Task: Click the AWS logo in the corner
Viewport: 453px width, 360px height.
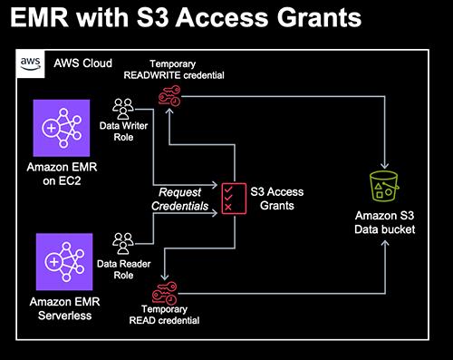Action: coord(31,64)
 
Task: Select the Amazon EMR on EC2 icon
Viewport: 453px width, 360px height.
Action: coord(62,128)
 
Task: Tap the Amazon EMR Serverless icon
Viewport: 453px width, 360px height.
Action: coord(64,261)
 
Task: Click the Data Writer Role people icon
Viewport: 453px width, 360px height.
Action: coord(123,109)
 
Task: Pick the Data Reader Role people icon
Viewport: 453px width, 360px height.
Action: coord(123,243)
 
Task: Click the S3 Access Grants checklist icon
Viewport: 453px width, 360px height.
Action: coord(234,199)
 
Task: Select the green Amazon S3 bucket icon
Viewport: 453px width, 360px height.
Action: coord(384,186)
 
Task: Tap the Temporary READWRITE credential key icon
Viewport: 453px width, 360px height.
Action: coord(169,96)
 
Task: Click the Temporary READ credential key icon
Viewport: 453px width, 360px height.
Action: coord(164,293)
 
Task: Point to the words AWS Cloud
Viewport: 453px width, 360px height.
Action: coord(82,63)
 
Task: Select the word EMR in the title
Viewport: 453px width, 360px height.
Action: coord(39,17)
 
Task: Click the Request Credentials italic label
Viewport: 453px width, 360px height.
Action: coord(179,199)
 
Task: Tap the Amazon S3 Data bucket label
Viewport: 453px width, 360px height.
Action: coord(385,222)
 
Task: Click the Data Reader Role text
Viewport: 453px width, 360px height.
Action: coord(123,269)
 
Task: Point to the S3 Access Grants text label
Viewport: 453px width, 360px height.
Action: coord(277,199)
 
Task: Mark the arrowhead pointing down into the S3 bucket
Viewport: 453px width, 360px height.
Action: coord(384,166)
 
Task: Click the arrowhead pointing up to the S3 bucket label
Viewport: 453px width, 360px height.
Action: coord(385,243)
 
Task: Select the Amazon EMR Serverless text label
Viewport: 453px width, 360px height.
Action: coord(64,308)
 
